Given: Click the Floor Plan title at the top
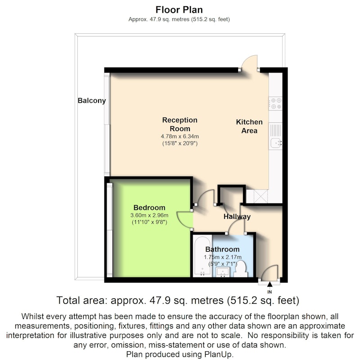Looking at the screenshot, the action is (x=179, y=10).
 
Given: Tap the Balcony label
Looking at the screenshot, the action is (x=92, y=100).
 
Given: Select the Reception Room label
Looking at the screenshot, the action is (x=180, y=124).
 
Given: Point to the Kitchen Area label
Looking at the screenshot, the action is (x=249, y=126).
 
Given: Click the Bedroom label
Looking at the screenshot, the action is (x=149, y=207).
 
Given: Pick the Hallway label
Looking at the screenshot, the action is (x=237, y=216).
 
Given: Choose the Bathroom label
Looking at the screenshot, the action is (x=222, y=249).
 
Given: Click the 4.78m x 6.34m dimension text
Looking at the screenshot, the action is (x=180, y=136).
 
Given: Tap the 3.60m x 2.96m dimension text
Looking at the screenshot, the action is (x=149, y=216).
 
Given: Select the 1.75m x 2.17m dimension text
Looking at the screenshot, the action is (x=222, y=257).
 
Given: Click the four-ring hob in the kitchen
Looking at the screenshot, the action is (x=275, y=103).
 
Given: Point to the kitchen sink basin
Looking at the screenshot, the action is (x=275, y=144).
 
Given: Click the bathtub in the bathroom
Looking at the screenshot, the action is (x=202, y=256).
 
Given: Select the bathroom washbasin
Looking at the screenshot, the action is (x=223, y=272).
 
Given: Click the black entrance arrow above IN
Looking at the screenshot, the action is (x=270, y=284).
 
